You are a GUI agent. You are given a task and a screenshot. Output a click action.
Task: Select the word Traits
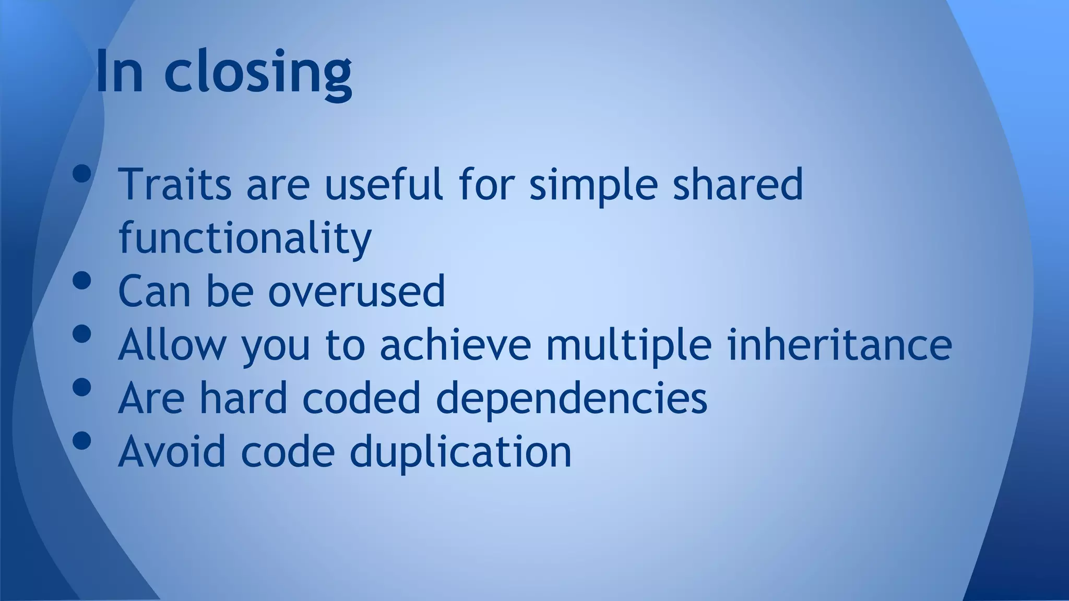pos(175,184)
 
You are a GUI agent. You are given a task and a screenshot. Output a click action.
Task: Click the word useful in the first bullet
pos(384,184)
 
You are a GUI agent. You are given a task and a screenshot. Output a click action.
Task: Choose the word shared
pos(738,184)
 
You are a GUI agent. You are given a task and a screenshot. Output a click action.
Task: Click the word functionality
pos(245,238)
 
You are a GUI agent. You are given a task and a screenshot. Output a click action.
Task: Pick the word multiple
pos(628,345)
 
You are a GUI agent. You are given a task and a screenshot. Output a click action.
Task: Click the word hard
pos(243,398)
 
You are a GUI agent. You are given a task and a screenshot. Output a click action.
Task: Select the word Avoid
pos(172,451)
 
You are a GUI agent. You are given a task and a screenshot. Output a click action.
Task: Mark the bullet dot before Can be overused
pos(82,281)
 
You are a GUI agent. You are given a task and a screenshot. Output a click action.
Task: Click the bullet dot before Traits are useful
pos(82,174)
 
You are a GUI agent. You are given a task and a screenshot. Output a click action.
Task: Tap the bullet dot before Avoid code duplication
pos(82,441)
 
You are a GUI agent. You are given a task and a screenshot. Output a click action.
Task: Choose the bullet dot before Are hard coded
pos(82,388)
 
